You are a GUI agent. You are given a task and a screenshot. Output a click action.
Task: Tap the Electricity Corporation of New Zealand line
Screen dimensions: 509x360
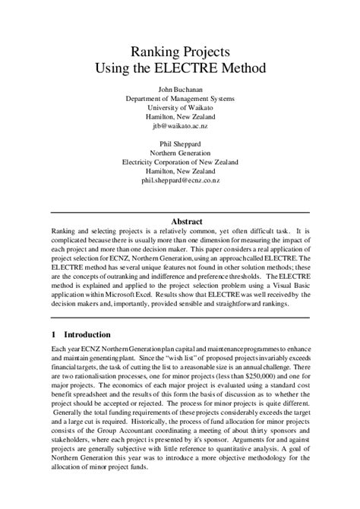(x=179, y=163)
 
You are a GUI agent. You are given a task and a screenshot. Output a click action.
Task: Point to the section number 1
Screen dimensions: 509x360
(x=54, y=334)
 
